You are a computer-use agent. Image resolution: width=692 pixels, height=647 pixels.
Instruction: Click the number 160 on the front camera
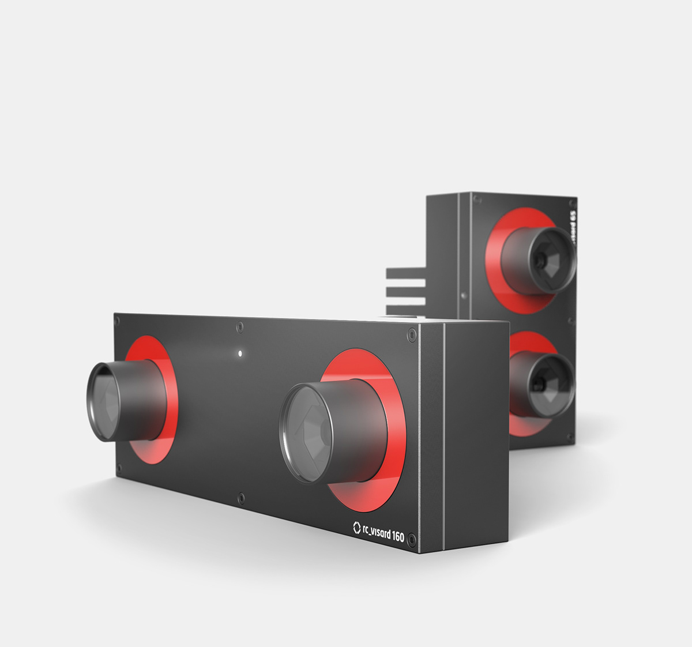pos(398,536)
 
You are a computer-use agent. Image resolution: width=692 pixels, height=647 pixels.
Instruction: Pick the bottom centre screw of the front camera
pos(241,498)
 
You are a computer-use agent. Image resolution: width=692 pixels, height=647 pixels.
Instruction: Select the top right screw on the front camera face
pos(411,334)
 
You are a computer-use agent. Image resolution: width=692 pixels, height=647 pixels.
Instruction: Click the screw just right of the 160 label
pos(412,540)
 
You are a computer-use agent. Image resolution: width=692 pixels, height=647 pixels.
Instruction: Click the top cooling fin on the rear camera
pos(406,273)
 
